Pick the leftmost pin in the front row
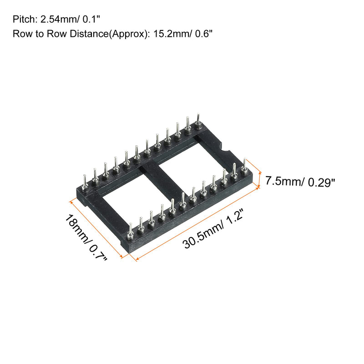click(x=131, y=231)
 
